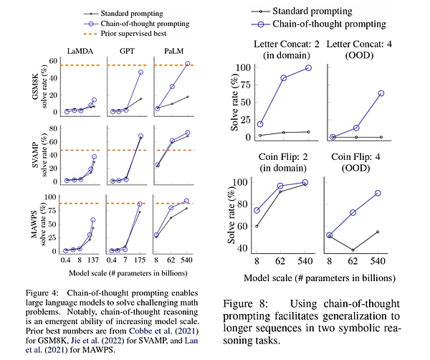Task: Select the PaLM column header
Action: click(175, 52)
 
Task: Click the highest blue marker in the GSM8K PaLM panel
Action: click(188, 64)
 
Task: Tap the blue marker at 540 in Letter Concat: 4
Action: click(381, 93)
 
